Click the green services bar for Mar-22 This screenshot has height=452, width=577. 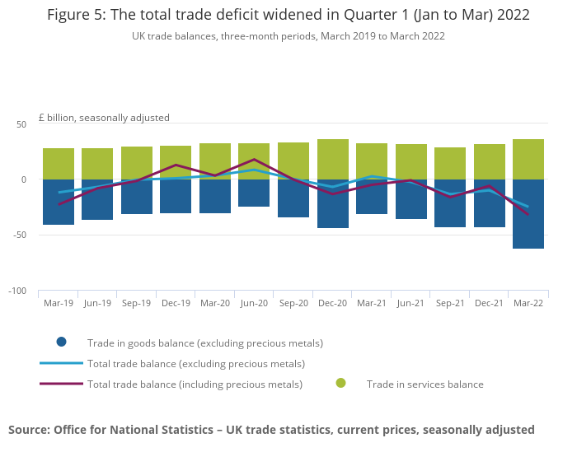click(x=528, y=159)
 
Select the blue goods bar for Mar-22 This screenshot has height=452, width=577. click(x=528, y=213)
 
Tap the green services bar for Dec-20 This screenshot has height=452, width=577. click(x=333, y=159)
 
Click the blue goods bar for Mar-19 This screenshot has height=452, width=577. click(x=59, y=202)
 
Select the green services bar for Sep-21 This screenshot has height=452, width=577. click(x=450, y=163)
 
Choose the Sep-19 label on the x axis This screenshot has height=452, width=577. click(x=136, y=303)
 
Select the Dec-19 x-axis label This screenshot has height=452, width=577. click(x=176, y=303)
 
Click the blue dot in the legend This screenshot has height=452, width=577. click(x=61, y=342)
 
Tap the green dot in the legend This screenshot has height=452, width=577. click(x=340, y=384)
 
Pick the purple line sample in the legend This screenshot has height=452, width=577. click(x=61, y=384)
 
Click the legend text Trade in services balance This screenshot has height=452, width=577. click(x=425, y=384)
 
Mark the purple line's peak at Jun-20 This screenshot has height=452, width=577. click(x=254, y=160)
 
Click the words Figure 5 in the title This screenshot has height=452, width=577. click(x=77, y=15)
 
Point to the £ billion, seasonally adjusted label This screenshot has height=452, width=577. click(x=104, y=118)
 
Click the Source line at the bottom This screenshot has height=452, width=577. click(x=271, y=429)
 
